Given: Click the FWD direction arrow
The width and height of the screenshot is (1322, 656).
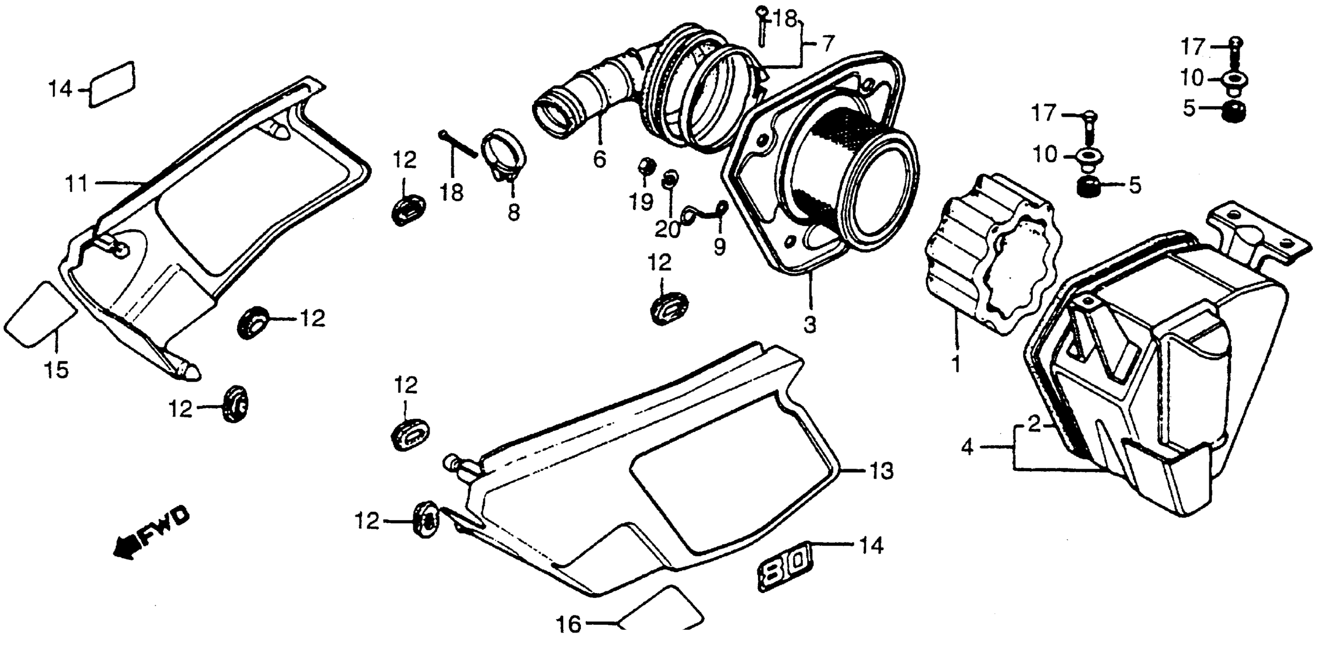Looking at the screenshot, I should pyautogui.click(x=150, y=534).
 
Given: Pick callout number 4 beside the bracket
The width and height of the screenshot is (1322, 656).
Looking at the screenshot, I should pyautogui.click(x=967, y=448).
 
